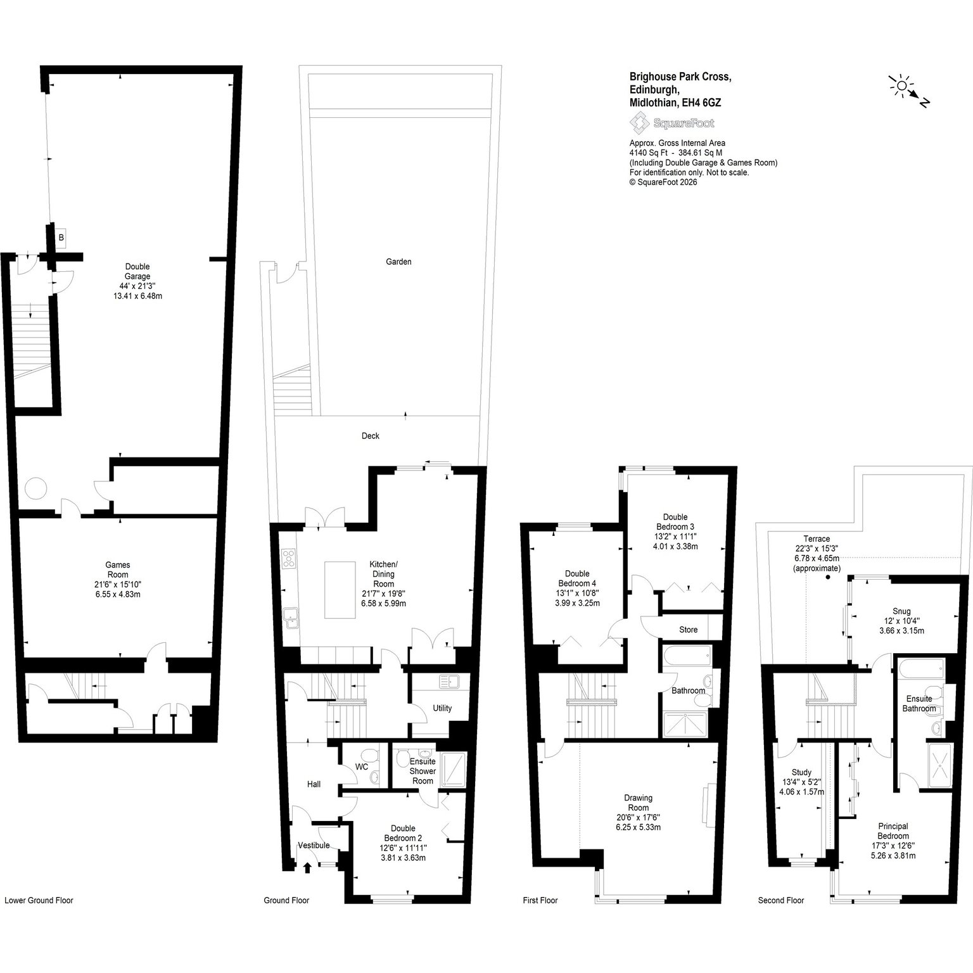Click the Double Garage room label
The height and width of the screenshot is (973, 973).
(137, 271)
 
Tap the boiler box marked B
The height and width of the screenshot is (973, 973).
(61, 238)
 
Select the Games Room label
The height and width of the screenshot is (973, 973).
(118, 570)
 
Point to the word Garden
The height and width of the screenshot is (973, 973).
(398, 262)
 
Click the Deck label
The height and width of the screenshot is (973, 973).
(371, 436)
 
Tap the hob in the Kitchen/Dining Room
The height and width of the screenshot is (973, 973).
(289, 557)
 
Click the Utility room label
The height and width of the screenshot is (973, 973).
(442, 708)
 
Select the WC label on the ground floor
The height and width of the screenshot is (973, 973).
(362, 766)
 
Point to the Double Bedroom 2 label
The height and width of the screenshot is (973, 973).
(403, 833)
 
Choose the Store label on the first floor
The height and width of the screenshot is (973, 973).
(688, 630)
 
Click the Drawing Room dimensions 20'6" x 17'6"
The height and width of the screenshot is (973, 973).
(638, 818)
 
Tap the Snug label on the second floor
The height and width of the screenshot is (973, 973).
(901, 611)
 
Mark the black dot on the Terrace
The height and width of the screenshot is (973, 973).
(827, 577)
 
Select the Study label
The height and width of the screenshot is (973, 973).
(801, 772)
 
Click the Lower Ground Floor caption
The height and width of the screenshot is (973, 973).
(39, 900)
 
